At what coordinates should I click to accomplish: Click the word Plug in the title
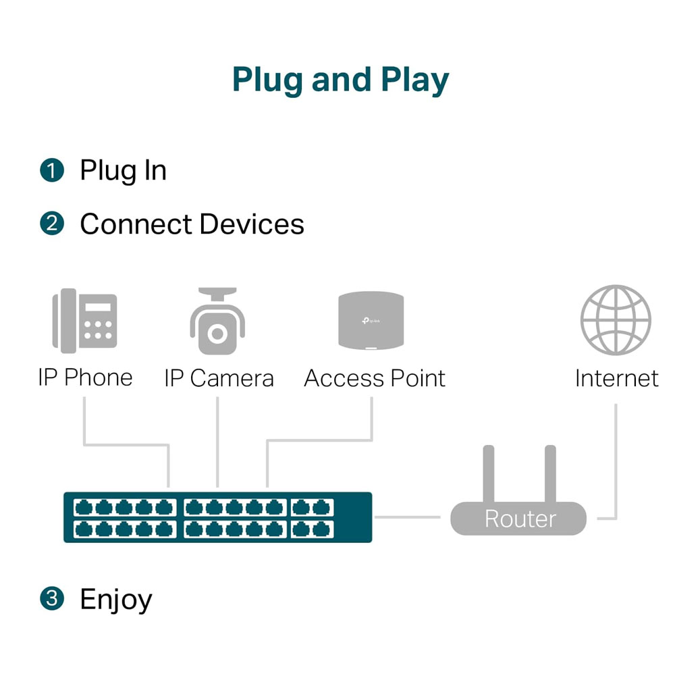click(267, 80)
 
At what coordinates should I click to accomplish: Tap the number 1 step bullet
click(52, 171)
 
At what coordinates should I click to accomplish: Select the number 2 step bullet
click(52, 224)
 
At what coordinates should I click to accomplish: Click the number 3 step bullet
click(52, 598)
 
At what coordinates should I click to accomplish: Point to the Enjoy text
click(115, 600)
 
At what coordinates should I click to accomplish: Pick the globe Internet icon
click(616, 319)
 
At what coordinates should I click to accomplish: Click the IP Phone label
click(85, 378)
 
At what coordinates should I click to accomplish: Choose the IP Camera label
click(219, 378)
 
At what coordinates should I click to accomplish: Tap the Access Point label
click(375, 378)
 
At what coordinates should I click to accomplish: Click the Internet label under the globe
click(616, 378)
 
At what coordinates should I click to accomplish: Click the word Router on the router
click(520, 519)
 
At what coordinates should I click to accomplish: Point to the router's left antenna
click(489, 473)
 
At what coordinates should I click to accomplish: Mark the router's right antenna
click(550, 473)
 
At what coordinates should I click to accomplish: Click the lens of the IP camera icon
click(217, 333)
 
